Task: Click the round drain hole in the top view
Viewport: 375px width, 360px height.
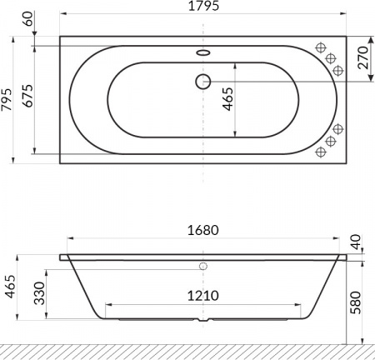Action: coord(202,81)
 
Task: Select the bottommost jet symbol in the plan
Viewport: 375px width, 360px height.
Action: coord(322,152)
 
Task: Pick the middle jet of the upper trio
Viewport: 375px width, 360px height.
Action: coord(331,57)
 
